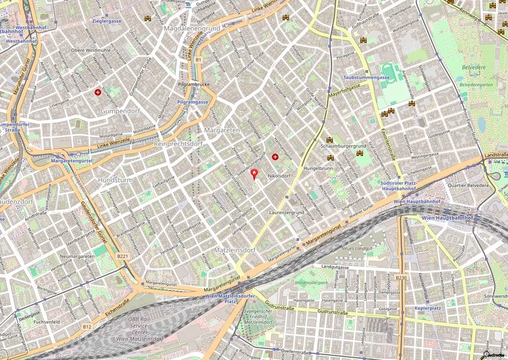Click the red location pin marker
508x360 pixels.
pyautogui.click(x=255, y=174)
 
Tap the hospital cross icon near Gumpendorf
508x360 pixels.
pyautogui.click(x=99, y=92)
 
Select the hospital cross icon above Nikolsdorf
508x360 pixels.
pyautogui.click(x=275, y=157)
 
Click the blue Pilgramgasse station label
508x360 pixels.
pyautogui.click(x=192, y=102)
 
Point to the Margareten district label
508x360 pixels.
pyautogui.click(x=222, y=130)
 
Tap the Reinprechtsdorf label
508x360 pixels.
pyautogui.click(x=179, y=143)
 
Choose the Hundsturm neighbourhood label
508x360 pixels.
pyautogui.click(x=115, y=180)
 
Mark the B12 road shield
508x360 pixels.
pyautogui.click(x=87, y=326)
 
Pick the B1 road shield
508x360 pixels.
pyautogui.click(x=198, y=60)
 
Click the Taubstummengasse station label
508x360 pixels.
pyautogui.click(x=367, y=78)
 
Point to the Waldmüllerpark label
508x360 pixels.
pyautogui.click(x=312, y=282)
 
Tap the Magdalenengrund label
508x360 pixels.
pyautogui.click(x=191, y=29)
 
